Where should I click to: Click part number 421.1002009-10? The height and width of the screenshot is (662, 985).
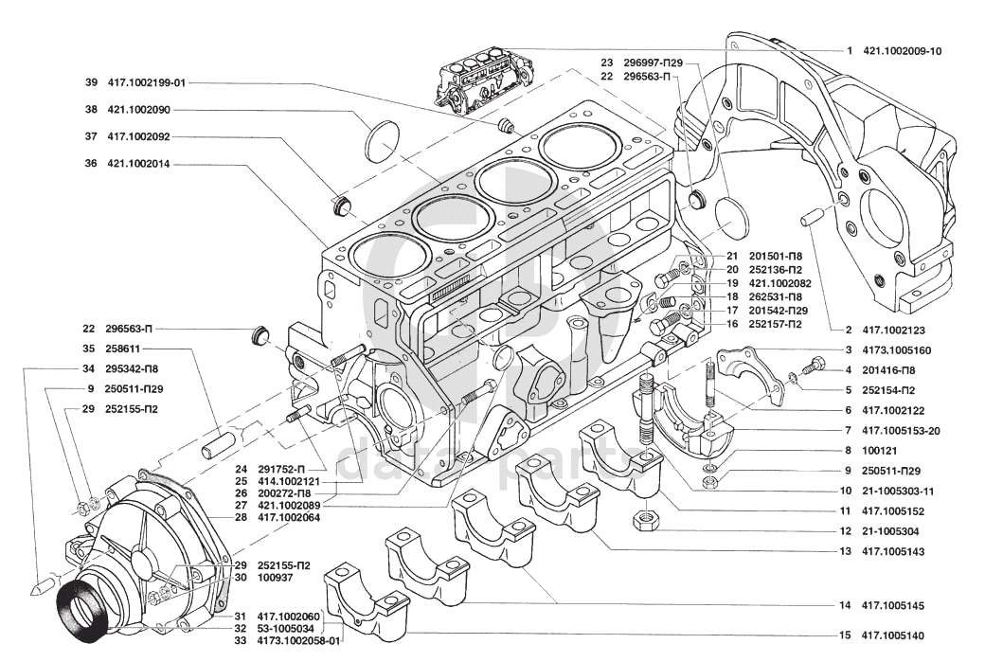903,50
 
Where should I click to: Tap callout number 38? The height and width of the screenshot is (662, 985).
91,109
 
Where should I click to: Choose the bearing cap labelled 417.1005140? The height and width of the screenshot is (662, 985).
365,603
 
